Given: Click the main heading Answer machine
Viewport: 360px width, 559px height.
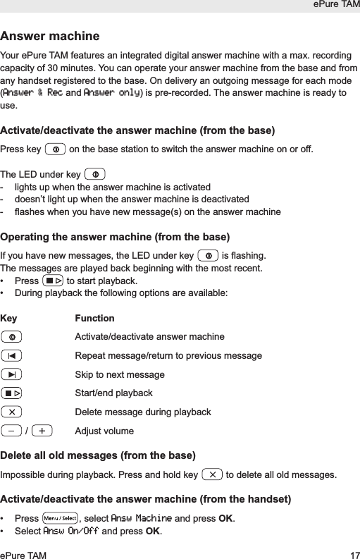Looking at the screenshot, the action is coord(50,36).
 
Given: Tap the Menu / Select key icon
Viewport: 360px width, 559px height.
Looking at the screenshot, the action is coord(60,519).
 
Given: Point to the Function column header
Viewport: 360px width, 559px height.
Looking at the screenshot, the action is coord(94,318).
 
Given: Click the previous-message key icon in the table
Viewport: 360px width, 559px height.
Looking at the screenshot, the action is coord(12,355).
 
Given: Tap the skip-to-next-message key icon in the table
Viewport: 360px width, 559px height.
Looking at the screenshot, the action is coord(12,374).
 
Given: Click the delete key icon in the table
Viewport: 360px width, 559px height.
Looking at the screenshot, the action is coord(12,412).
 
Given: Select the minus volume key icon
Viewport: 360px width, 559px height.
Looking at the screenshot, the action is coord(11,431).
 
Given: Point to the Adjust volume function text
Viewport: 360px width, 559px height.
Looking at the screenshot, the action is coord(104,431).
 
